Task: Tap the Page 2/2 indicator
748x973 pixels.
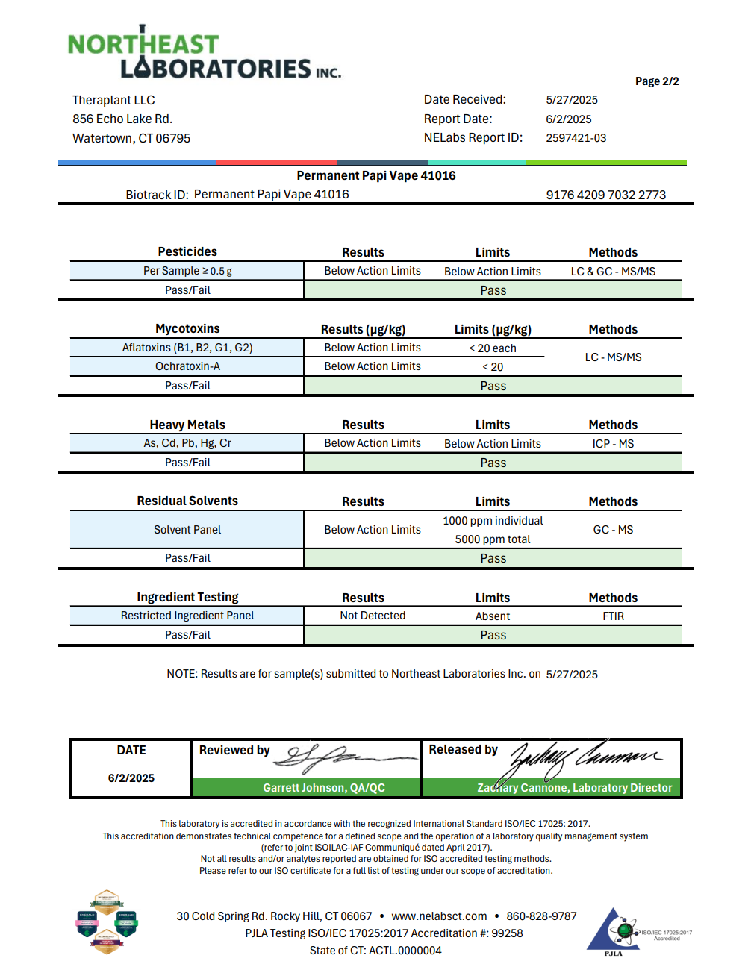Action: pos(657,81)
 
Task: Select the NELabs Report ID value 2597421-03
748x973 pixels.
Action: pos(576,138)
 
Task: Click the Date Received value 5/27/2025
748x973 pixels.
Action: pos(571,100)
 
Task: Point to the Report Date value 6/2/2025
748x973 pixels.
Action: pos(568,119)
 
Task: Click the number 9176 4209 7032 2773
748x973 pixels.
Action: pos(605,195)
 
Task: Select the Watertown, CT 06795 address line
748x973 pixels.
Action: pos(131,139)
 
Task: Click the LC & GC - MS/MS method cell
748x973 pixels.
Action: pos(613,272)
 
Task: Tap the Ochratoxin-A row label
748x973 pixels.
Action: pos(187,366)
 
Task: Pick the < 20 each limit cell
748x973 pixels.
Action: pos(493,348)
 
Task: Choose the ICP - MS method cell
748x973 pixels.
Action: pos(613,444)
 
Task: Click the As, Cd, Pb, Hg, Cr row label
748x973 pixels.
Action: pos(187,443)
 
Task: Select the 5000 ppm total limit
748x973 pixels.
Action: pos(493,539)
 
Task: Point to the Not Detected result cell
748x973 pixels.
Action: pos(373,616)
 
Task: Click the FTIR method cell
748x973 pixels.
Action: pos(613,616)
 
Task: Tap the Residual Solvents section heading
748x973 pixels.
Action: pos(187,501)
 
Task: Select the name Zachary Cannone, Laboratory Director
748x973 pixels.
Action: pos(574,788)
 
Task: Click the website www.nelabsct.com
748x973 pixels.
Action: pos(439,916)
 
